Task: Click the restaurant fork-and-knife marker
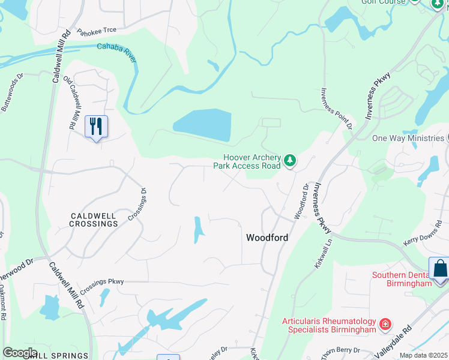tap(96, 127)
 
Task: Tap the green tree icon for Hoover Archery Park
tap(290, 160)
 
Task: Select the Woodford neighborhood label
tap(267, 238)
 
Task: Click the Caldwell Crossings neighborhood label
tap(94, 219)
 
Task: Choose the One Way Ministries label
tap(409, 138)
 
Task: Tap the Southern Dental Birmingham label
tap(402, 280)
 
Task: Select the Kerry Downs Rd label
tap(423, 235)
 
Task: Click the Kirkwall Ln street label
tap(322, 254)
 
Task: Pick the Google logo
tap(20, 352)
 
